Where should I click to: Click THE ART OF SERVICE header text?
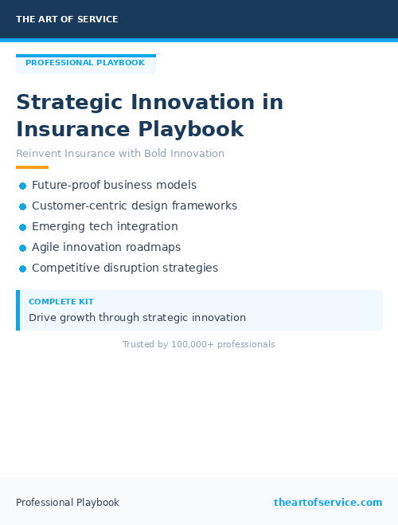coord(67,19)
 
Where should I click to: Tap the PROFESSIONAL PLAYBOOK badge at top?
coord(85,63)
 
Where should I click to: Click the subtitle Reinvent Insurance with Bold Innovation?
coord(120,154)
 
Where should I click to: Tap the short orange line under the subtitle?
coord(32,167)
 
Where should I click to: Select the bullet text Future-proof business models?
coord(114,185)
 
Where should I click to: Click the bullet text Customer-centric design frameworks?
coord(135,206)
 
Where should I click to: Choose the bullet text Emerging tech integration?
coord(105,226)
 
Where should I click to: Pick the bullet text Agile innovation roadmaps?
coord(106,247)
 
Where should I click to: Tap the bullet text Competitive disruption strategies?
coord(125,268)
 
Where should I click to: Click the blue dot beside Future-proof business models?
coord(23,186)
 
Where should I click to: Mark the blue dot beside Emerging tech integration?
coord(23,227)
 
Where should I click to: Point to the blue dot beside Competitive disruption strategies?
coord(23,268)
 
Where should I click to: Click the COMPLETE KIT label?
coord(61,302)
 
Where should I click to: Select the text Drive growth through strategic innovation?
coord(137,317)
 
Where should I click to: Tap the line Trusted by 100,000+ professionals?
coord(198,344)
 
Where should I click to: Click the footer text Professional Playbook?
coord(68,503)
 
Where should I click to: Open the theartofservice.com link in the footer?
coord(328,503)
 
